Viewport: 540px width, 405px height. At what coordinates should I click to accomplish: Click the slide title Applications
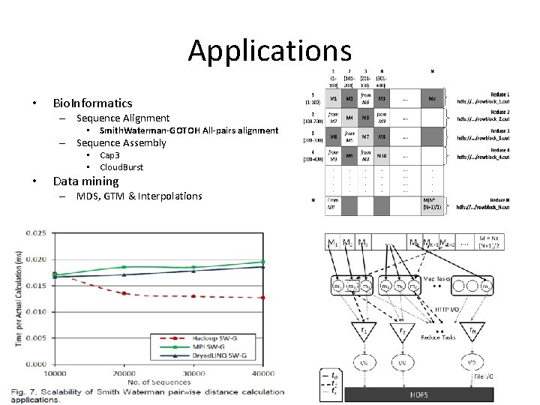click(x=269, y=51)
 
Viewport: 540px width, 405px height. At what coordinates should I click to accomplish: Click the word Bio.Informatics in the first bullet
click(x=92, y=103)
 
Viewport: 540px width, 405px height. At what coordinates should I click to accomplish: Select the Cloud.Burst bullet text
click(x=121, y=166)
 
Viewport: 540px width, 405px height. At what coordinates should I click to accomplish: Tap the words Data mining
click(x=85, y=181)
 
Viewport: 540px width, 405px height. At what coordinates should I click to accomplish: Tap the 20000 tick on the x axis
click(x=124, y=373)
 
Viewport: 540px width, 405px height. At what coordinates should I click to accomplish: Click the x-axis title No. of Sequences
click(x=159, y=382)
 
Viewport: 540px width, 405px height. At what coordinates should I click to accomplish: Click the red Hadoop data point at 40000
click(x=262, y=298)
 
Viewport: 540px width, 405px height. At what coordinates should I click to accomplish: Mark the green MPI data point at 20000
click(x=124, y=267)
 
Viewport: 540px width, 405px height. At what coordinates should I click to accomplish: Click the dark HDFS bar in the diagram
click(x=420, y=394)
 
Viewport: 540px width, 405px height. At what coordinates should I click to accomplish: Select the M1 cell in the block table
click(x=332, y=98)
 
